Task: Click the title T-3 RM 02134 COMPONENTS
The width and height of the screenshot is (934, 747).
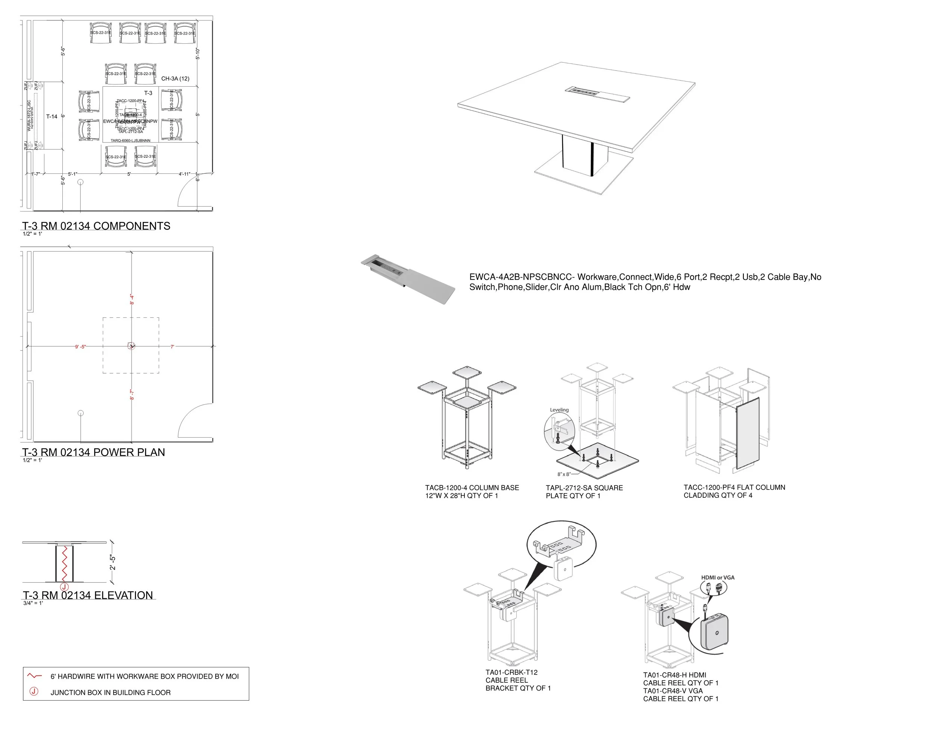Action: (x=96, y=226)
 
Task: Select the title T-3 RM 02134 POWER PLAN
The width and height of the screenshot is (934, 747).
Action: (x=93, y=453)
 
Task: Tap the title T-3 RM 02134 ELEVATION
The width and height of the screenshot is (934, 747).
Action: (x=88, y=595)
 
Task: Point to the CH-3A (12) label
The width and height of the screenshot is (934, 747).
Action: (x=175, y=79)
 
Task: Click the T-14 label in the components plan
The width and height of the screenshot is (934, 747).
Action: (x=52, y=117)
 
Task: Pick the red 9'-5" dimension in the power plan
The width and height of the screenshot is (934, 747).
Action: (x=81, y=347)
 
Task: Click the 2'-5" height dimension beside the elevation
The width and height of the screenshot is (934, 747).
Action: (x=112, y=562)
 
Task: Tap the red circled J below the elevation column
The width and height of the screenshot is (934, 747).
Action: (x=64, y=587)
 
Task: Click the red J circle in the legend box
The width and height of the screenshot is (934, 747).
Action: (x=34, y=692)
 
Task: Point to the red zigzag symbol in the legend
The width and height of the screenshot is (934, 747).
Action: (x=34, y=676)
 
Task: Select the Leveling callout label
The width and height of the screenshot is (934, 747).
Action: (x=559, y=410)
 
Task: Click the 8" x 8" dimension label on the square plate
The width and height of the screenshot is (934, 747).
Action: (x=564, y=474)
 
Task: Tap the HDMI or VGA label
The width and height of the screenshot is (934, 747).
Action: (x=718, y=578)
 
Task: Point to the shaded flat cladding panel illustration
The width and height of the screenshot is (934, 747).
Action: (x=748, y=433)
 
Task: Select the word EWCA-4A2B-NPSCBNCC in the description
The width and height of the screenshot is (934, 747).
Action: (x=522, y=277)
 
